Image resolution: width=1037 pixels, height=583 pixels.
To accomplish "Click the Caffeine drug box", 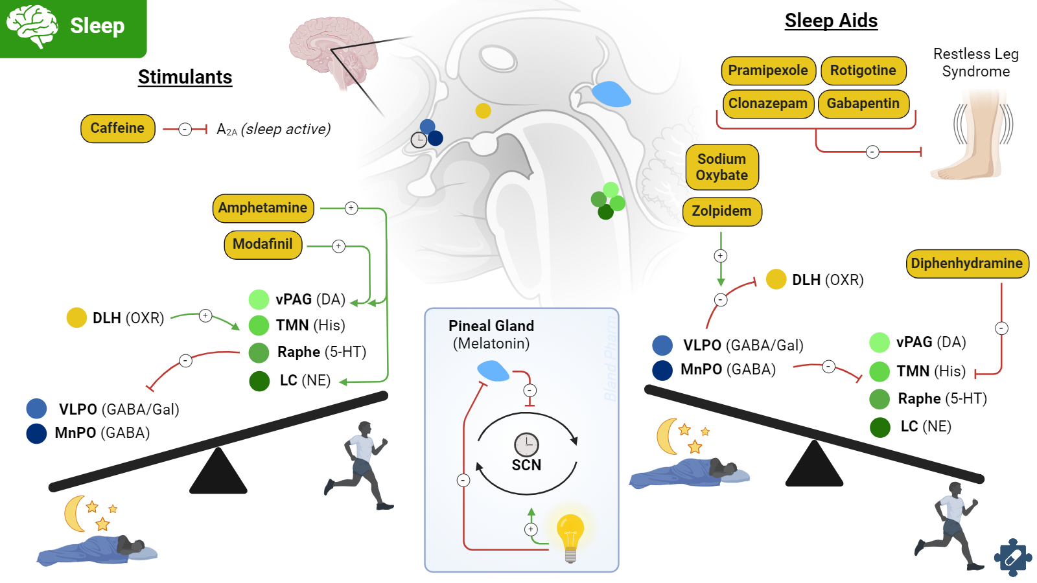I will click(x=117, y=128).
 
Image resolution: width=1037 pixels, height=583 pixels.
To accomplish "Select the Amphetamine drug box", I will click(x=262, y=208).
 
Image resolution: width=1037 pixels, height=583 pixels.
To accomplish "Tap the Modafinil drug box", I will click(x=262, y=244).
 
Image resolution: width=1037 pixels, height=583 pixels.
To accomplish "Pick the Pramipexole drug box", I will click(x=768, y=71).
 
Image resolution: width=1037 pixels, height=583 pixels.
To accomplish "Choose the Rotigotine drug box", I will click(x=863, y=71).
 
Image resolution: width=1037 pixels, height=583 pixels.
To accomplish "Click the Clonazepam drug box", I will click(x=768, y=104).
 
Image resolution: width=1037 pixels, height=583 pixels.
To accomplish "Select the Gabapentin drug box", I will click(x=863, y=104).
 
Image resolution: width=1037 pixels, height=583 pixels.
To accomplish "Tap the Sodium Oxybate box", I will click(x=721, y=167).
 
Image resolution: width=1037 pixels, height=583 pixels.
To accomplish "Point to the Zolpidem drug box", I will click(x=721, y=211).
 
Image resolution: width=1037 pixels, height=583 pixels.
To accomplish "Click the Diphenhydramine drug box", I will click(x=966, y=264).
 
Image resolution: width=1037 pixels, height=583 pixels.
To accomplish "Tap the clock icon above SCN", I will click(x=526, y=444).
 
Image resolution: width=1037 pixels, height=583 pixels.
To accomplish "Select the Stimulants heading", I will click(x=185, y=77).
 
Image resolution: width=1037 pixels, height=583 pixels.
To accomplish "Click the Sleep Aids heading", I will click(x=831, y=21).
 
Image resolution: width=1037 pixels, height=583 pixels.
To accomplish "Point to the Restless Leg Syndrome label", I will click(x=975, y=63).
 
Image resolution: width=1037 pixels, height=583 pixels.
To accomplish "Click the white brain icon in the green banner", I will click(x=32, y=26).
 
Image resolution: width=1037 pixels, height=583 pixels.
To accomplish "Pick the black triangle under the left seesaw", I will click(x=218, y=472).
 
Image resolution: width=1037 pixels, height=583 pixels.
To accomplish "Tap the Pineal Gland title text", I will click(x=491, y=326).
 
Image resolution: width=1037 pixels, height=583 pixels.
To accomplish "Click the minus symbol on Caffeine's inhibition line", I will click(x=185, y=130).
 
